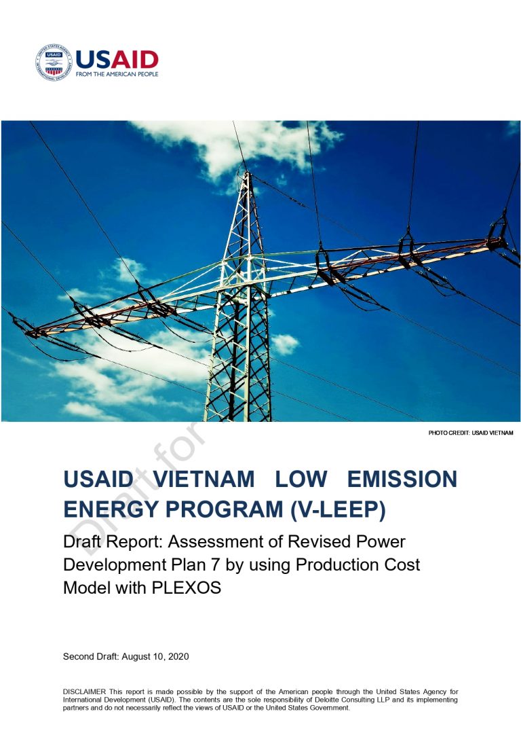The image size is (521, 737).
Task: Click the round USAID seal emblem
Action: (54, 62)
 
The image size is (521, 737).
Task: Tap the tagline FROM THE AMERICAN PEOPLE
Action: (117, 74)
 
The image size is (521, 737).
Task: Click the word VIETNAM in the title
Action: (204, 480)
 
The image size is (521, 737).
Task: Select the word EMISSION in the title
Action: (402, 480)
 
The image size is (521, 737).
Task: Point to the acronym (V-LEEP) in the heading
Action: (338, 510)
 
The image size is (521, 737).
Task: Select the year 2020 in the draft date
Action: (178, 657)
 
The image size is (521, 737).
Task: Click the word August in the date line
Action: (137, 657)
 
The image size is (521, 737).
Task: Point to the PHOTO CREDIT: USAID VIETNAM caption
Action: (471, 433)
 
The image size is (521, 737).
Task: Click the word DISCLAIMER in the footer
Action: (85, 692)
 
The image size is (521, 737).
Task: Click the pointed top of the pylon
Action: (247, 173)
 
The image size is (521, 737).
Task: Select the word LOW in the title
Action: (301, 480)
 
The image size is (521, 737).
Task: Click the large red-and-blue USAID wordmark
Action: (117, 59)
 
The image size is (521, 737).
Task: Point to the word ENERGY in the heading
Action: (111, 510)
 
